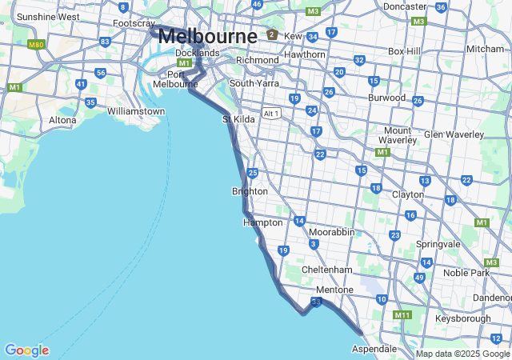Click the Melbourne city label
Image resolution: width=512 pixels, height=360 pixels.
tap(207, 36)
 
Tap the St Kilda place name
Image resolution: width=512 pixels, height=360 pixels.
tap(238, 119)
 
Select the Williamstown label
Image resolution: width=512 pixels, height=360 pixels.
tap(136, 111)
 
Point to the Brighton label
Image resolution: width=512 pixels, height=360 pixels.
tap(250, 191)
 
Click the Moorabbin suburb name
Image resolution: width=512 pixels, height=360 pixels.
tap(331, 232)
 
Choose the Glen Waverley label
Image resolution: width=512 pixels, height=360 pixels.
tap(454, 134)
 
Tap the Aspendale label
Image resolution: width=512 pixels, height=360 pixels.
tap(374, 349)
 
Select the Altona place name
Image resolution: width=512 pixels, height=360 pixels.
tap(62, 120)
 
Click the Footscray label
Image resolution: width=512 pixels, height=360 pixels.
tap(134, 23)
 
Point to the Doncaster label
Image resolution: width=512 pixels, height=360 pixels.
tap(404, 6)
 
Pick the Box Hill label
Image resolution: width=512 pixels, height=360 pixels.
tap(404, 51)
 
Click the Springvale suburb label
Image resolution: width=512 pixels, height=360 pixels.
tap(438, 244)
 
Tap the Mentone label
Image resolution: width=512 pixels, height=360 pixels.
tap(334, 290)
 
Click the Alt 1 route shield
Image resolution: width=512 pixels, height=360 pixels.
tap(271, 114)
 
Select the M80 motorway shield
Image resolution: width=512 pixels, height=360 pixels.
tap(35, 45)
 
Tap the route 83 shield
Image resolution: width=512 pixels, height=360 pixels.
tap(105, 42)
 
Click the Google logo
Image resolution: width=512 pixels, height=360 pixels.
tap(26, 350)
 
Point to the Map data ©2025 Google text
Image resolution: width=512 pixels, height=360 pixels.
tap(462, 354)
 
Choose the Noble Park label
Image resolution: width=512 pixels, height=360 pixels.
tap(466, 273)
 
